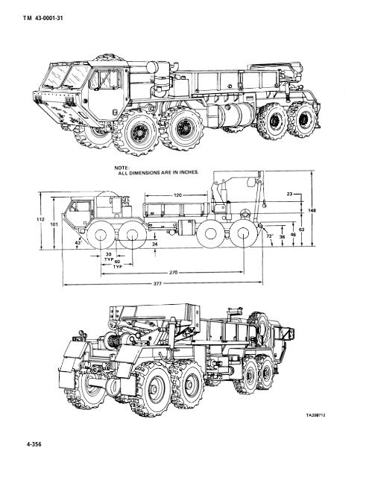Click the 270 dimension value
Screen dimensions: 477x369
click(x=172, y=272)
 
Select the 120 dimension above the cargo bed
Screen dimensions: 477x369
click(x=177, y=195)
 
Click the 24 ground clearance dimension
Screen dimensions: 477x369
click(x=154, y=244)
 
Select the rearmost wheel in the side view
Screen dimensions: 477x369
click(x=245, y=237)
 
